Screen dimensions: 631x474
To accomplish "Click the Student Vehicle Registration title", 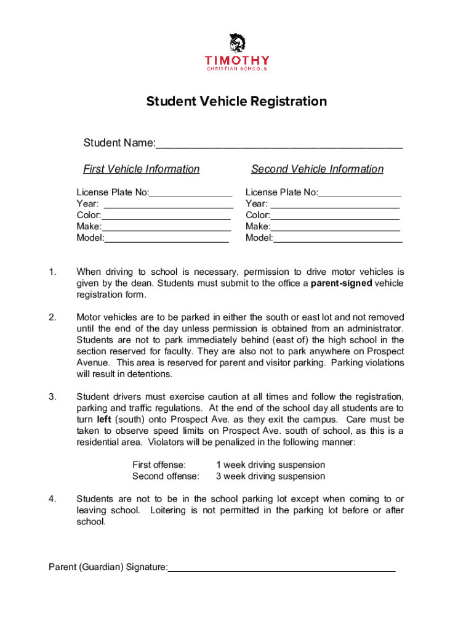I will click(236, 102).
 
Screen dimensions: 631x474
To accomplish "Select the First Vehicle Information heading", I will click(142, 169).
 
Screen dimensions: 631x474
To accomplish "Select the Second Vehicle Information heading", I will click(317, 169).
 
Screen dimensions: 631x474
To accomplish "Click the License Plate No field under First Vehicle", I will click(190, 193).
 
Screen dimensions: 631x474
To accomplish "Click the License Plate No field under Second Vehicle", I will click(360, 193).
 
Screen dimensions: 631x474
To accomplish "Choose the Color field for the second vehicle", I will click(335, 216).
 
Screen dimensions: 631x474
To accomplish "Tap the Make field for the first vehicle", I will click(166, 227).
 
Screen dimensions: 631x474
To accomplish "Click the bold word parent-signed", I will click(341, 283).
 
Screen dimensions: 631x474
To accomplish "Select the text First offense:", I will click(159, 465).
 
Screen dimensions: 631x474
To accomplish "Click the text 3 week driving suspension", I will click(270, 476).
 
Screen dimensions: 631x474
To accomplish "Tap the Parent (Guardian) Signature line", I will click(281, 568).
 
